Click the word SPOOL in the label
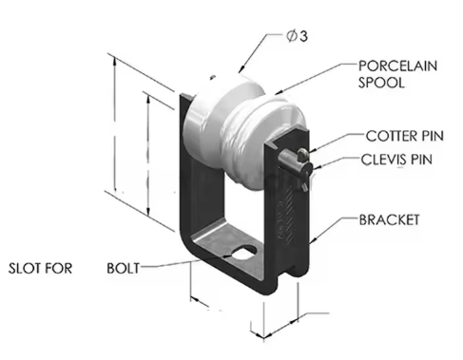pyautogui.click(x=377, y=83)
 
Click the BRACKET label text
pyautogui.click(x=389, y=219)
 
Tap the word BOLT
pyautogui.click(x=123, y=267)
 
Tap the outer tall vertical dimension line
pyautogui.click(x=117, y=142)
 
